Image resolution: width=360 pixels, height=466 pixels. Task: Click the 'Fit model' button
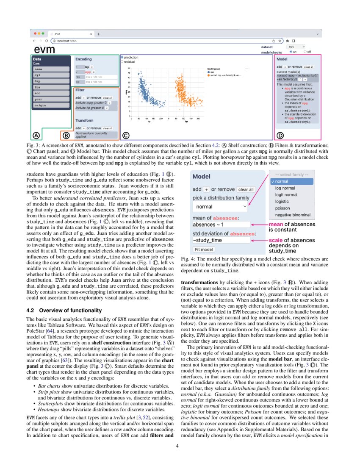(x=204, y=250)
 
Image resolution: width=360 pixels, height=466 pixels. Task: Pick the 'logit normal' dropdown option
(x=286, y=195)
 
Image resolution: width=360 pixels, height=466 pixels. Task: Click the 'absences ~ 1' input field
(x=220, y=225)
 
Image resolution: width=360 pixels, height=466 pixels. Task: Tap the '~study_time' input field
(x=220, y=240)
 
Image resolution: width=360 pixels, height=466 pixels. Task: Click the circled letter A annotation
(x=36, y=136)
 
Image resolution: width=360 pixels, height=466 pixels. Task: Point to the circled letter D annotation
(x=280, y=136)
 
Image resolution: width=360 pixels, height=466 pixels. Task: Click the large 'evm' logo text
(x=45, y=50)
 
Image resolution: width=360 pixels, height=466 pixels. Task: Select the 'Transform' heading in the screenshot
(x=84, y=120)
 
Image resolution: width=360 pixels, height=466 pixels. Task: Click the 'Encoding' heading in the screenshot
(x=83, y=60)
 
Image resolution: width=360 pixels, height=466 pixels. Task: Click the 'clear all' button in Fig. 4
(x=246, y=189)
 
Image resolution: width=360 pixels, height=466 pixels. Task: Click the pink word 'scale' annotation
(x=276, y=240)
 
